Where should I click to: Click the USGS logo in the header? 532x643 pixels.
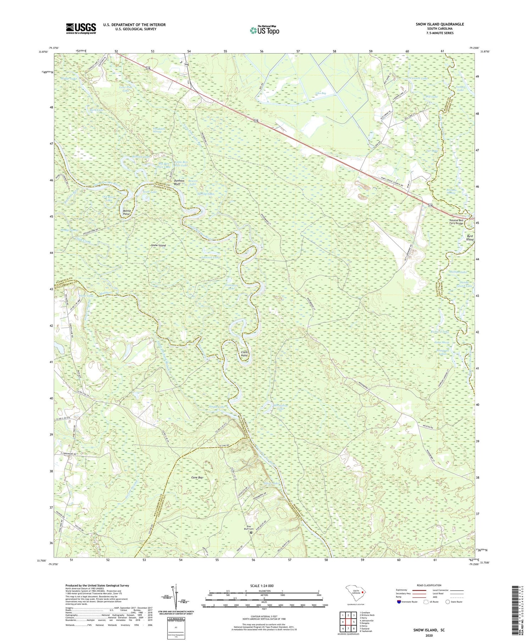coord(81,28)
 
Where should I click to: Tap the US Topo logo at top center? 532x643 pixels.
coord(264,30)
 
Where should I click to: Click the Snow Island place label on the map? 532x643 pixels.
coord(158,245)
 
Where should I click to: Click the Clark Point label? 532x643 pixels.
coord(244,353)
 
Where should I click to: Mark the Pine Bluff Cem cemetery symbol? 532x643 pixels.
coord(251,532)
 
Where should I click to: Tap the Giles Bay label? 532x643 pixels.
coord(321,93)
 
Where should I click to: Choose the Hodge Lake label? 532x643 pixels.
coord(69,78)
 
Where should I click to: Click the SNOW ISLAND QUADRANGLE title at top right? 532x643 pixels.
coord(440,24)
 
